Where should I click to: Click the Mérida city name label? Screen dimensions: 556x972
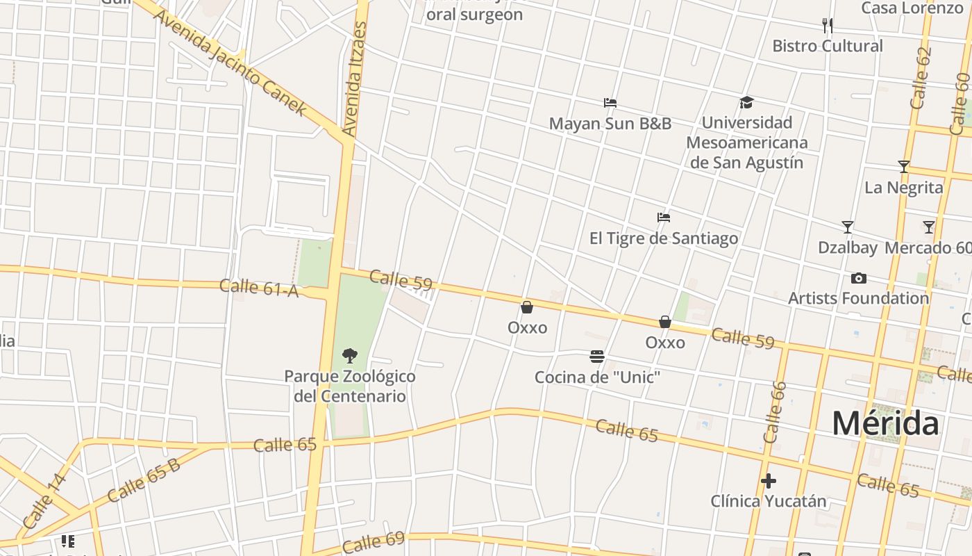[885, 423]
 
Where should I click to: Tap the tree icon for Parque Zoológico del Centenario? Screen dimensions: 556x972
[350, 356]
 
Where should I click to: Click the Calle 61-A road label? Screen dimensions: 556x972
[259, 287]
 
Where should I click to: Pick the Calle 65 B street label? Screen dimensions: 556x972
[144, 480]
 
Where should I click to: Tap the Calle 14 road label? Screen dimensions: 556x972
[44, 500]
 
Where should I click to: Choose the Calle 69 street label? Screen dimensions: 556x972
[373, 541]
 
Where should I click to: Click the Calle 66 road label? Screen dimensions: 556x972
[775, 412]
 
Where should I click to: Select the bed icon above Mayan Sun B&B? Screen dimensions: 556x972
[610, 103]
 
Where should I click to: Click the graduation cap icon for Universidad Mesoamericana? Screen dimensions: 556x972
[746, 103]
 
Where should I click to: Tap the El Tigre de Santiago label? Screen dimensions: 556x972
[663, 238]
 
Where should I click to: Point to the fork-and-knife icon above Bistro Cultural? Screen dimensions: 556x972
[827, 26]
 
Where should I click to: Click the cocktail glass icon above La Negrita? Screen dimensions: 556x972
[903, 167]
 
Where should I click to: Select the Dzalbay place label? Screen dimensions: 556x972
[847, 247]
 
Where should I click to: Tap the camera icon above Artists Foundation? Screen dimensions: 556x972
[858, 279]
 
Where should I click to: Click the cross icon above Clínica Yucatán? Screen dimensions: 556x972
[768, 481]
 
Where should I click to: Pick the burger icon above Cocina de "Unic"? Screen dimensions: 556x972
[596, 357]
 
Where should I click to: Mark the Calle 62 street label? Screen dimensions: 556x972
[920, 78]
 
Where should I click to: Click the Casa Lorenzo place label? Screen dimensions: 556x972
[912, 8]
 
